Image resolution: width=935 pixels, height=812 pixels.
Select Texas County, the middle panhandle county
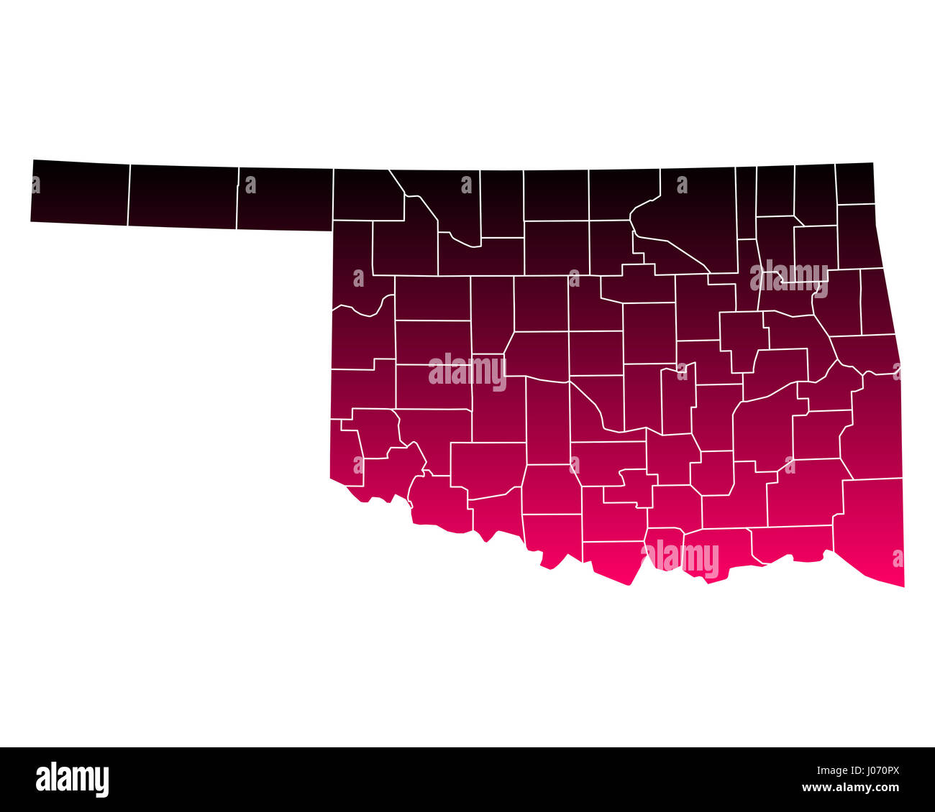[x=183, y=197]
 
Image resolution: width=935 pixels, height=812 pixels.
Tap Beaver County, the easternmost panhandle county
[x=285, y=199]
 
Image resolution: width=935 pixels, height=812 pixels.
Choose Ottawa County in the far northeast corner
[x=854, y=184]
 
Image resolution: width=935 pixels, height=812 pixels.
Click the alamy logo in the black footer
[x=73, y=780]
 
